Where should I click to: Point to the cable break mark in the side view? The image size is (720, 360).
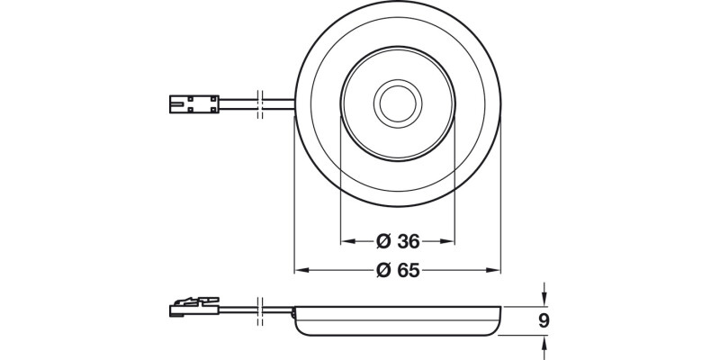260,309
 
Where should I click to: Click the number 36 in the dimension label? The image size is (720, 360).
410,241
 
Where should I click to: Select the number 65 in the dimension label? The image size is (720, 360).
410,270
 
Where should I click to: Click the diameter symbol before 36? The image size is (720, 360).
382,241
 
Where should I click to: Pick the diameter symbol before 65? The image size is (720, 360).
382,270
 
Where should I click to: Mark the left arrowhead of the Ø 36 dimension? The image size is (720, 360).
346,241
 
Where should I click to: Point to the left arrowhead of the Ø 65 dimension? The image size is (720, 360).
301,269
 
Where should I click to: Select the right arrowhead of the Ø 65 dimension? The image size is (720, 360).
494,269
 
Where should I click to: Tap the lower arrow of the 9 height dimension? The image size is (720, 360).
544,342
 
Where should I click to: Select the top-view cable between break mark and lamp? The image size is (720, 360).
279,104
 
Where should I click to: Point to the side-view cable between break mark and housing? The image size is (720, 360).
279,310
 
